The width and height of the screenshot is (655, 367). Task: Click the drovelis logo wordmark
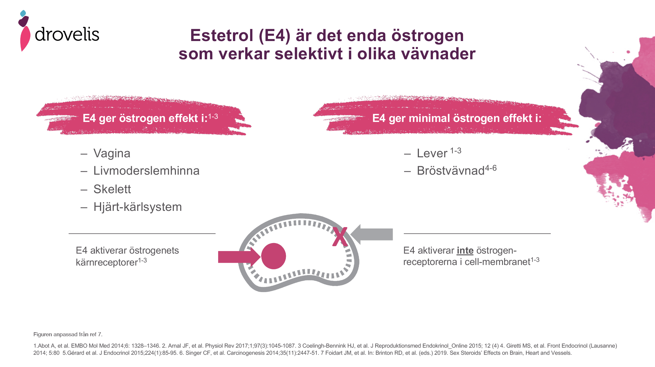click(67, 35)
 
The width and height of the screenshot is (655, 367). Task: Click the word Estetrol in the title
click(222, 36)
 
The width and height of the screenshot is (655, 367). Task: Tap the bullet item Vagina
click(112, 153)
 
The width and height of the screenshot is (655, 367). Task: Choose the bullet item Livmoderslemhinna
click(146, 171)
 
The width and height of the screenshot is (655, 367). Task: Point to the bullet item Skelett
click(112, 189)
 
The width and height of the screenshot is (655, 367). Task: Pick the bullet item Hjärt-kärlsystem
click(138, 207)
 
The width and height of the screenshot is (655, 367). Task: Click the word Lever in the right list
click(432, 154)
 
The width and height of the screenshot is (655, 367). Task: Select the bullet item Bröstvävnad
click(451, 171)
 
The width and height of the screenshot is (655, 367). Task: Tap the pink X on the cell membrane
click(340, 236)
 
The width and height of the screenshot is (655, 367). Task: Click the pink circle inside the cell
click(273, 256)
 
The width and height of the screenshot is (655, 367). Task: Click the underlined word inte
click(465, 251)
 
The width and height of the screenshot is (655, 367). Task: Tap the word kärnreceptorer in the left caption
click(107, 262)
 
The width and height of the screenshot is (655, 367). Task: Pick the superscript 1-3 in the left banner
click(213, 116)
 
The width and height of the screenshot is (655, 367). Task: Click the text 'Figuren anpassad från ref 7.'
click(68, 334)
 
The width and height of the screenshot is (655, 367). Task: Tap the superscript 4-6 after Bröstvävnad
click(491, 168)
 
